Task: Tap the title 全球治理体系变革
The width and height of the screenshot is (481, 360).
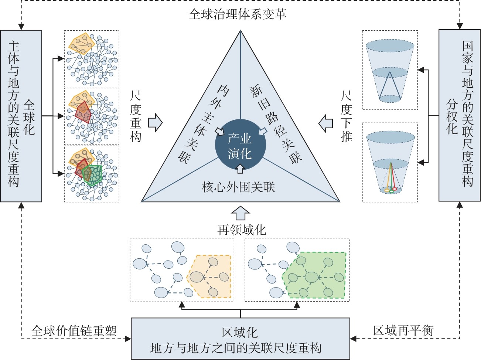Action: coord(237,14)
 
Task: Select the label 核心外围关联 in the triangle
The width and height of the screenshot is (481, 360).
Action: coord(238,187)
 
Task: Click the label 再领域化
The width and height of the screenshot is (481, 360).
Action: coord(242,230)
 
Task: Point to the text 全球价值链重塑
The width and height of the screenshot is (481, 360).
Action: coord(74,330)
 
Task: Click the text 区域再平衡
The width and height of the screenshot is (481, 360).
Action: coord(403,330)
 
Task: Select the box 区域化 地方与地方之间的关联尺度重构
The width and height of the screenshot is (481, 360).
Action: coord(240,339)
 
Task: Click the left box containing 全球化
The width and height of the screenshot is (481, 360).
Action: coord(21,116)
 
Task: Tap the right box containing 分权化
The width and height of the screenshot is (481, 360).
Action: coord(459,115)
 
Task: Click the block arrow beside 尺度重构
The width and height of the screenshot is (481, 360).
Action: coord(155,123)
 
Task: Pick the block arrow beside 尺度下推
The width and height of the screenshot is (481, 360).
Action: coord(326,123)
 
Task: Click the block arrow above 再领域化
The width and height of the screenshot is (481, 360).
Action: coord(240,213)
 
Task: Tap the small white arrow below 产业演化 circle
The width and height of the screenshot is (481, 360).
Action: coord(240,169)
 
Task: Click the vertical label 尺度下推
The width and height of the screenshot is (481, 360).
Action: coord(346,116)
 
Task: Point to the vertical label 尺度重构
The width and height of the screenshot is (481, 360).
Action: coord(136,116)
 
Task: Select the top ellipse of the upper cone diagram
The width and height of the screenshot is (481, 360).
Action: coord(390,46)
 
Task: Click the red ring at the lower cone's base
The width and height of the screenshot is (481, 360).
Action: coord(395,189)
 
